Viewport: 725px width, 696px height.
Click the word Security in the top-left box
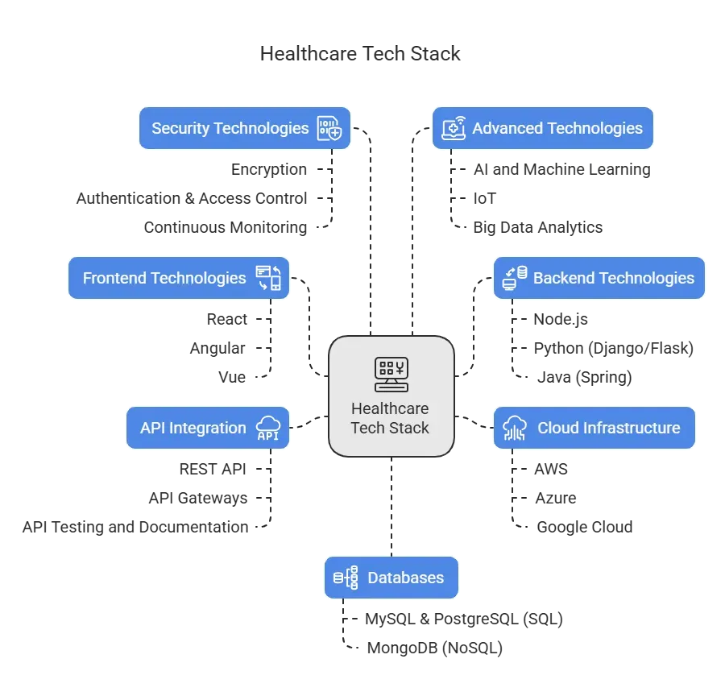(180, 128)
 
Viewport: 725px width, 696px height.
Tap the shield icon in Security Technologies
(329, 128)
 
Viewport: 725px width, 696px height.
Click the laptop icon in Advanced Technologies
(454, 128)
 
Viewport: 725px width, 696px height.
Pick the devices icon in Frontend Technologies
(268, 278)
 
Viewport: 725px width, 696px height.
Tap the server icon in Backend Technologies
(514, 278)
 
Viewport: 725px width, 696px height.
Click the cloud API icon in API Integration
(268, 428)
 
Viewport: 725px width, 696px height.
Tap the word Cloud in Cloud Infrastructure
(557, 428)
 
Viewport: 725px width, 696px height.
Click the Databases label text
(405, 578)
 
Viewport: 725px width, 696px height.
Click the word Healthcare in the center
(391, 408)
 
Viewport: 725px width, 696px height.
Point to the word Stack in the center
(409, 428)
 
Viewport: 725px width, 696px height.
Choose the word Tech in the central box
(367, 428)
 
